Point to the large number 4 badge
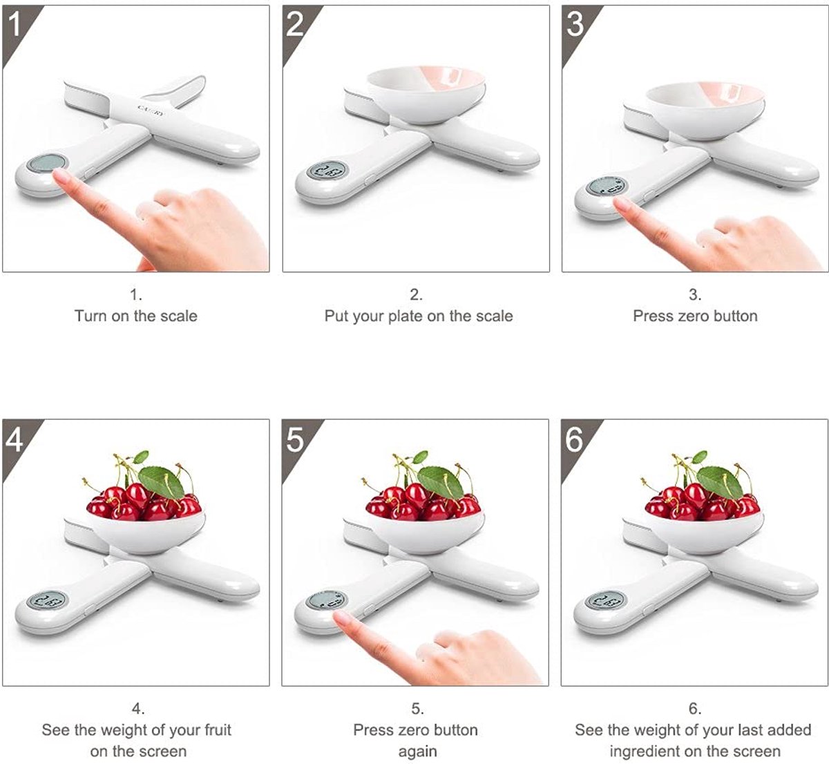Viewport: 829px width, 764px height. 14,439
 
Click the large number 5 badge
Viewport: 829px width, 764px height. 295,439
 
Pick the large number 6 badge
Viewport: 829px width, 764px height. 575,439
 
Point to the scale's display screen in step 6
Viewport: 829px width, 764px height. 605,600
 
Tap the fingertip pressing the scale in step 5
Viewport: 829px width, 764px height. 342,619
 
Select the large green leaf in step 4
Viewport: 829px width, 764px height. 162,481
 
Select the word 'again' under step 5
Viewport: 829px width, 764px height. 417,752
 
